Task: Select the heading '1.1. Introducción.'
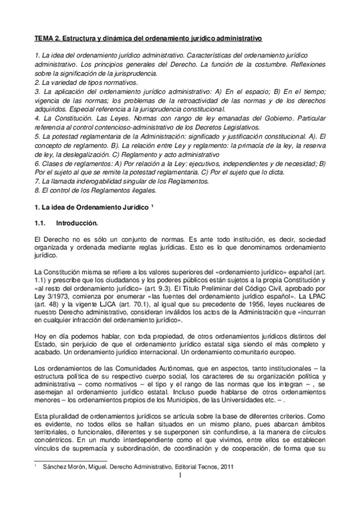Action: coord(66,223)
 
